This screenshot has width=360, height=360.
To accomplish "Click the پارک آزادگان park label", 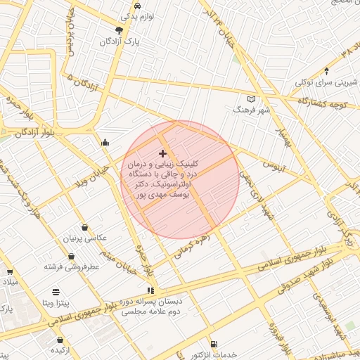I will [x=119, y=42].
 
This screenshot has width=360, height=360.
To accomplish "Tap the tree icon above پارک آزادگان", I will [x=119, y=30].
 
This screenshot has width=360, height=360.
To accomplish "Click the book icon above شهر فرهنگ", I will [x=252, y=99].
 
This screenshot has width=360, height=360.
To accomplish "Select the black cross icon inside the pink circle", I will [x=163, y=153].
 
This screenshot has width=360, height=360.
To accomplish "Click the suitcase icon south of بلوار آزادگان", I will [x=105, y=143].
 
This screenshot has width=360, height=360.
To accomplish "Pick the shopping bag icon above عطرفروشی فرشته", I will [x=85, y=227].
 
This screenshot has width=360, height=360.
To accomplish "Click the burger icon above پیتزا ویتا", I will [x=56, y=292].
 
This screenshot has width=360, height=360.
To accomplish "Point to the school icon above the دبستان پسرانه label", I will [x=150, y=290].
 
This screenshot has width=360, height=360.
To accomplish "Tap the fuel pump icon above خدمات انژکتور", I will [x=214, y=345].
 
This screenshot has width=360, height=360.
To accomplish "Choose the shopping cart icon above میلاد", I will [x=9, y=271].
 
